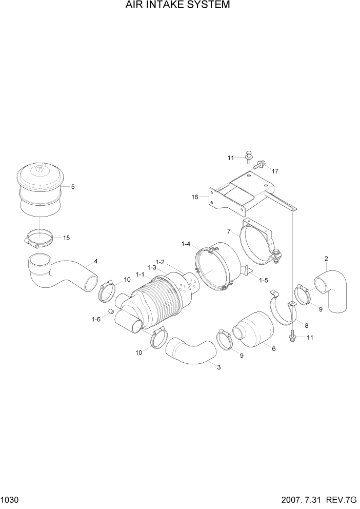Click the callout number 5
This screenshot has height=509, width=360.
(x=73, y=187)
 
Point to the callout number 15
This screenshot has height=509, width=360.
(x=67, y=238)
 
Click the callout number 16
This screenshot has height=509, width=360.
(x=195, y=197)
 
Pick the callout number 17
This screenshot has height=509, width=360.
(x=275, y=171)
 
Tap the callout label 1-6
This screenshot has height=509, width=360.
(x=96, y=319)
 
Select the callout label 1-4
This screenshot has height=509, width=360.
(x=186, y=244)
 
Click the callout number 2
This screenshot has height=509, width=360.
(x=326, y=258)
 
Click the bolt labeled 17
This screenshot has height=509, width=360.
(x=259, y=164)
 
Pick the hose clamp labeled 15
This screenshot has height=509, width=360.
(x=39, y=238)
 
